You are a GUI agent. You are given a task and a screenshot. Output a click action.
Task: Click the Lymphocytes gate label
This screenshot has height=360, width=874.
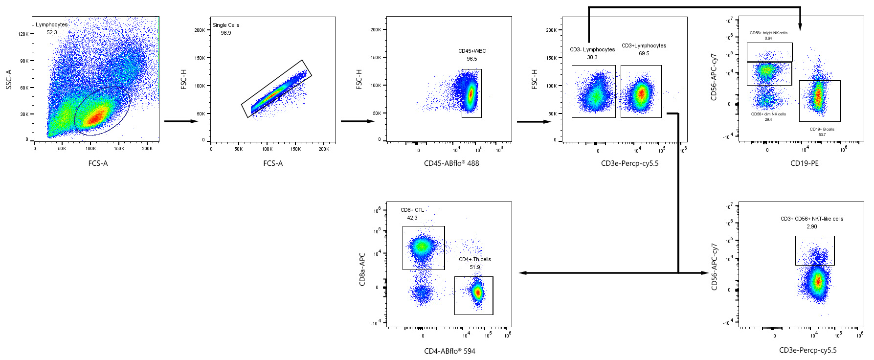tap(51, 24)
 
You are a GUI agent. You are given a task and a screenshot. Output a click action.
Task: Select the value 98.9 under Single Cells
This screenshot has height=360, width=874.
tap(225, 33)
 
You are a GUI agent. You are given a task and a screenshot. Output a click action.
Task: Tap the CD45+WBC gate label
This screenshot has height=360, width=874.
tap(471, 51)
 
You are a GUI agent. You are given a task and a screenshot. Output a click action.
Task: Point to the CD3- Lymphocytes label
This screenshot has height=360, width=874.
tap(592, 49)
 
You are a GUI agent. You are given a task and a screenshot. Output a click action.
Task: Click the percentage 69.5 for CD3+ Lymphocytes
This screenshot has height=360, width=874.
tap(644, 53)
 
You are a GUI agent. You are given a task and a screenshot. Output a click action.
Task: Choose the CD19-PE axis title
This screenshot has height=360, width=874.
tap(804, 163)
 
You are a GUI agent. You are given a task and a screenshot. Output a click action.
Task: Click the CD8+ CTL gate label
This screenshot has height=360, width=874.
tap(412, 210)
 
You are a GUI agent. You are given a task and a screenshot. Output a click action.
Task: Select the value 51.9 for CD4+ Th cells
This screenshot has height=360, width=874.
tap(474, 267)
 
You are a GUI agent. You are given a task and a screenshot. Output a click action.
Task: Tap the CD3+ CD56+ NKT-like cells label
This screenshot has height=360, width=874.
tap(811, 219)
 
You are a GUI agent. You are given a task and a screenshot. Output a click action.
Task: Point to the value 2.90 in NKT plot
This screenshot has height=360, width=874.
tap(811, 226)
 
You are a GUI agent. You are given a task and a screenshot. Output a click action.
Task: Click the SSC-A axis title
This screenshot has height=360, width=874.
tap(9, 79)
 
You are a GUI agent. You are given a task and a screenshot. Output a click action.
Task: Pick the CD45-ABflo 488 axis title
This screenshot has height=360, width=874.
tap(451, 163)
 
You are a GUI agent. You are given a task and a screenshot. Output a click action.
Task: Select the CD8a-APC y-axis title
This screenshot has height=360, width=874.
tap(362, 270)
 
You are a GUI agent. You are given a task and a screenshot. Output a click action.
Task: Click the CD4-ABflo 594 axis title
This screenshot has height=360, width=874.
tap(449, 351)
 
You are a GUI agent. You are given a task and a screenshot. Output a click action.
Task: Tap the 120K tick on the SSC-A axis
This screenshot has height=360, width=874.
tap(23, 34)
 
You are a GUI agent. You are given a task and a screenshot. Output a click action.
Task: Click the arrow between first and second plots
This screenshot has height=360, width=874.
tap(180, 121)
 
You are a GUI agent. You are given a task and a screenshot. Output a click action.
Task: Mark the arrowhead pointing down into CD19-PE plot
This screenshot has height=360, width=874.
tap(800, 27)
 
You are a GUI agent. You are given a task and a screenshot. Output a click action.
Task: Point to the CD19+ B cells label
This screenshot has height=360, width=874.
tap(822, 129)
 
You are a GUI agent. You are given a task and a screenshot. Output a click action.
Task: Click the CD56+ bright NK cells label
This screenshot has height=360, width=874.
tap(768, 33)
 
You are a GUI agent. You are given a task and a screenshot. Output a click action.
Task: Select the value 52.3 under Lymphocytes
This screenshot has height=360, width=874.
tap(51, 32)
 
